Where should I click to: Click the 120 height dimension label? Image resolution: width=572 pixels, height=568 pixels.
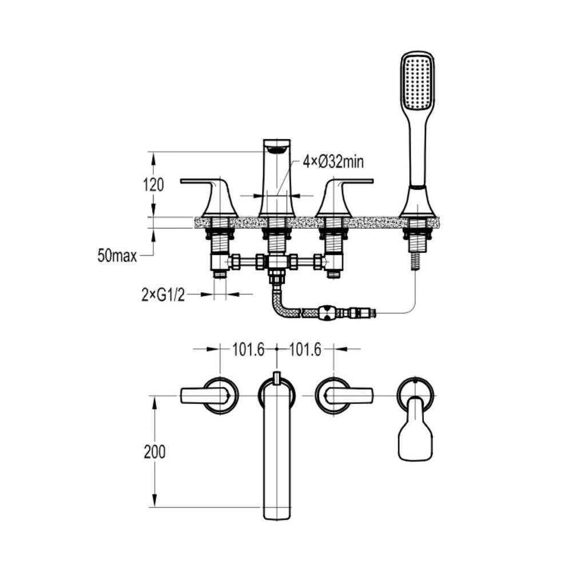pyautogui.click(x=153, y=185)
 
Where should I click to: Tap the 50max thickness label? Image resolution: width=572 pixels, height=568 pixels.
pyautogui.click(x=117, y=256)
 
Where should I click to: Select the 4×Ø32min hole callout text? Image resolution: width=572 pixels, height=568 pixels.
pyautogui.click(x=333, y=162)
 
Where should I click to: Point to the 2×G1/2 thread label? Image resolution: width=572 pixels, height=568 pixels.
pyautogui.click(x=163, y=295)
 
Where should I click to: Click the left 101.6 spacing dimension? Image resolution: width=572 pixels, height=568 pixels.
pyautogui.click(x=248, y=350)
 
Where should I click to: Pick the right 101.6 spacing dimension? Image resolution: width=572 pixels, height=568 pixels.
pyautogui.click(x=305, y=350)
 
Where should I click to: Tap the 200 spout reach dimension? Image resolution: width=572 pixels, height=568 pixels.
pyautogui.click(x=154, y=452)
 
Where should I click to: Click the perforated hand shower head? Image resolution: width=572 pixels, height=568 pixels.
pyautogui.click(x=418, y=81)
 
